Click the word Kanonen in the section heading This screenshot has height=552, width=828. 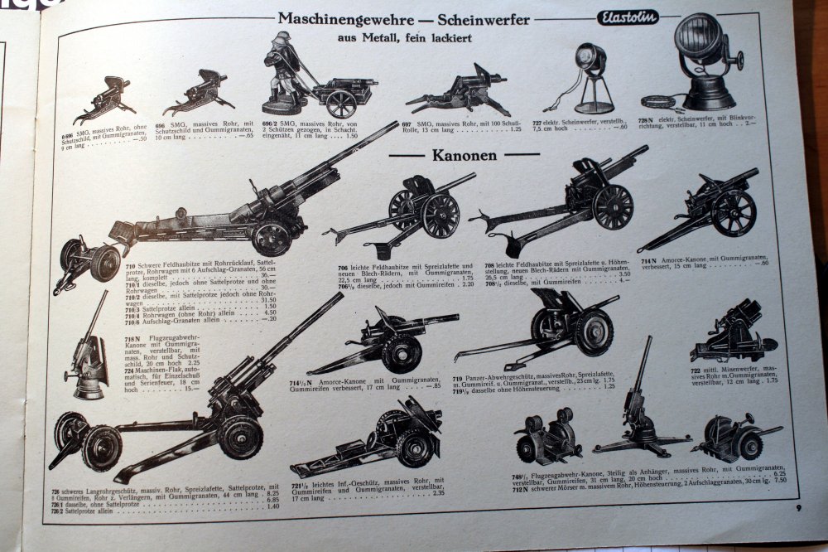click(x=464, y=155)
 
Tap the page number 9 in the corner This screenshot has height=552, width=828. click(x=797, y=507)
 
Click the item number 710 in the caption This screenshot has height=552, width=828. click(x=131, y=266)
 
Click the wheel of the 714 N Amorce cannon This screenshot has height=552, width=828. click(x=733, y=213)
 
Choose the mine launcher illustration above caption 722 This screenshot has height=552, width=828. click(x=729, y=332)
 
